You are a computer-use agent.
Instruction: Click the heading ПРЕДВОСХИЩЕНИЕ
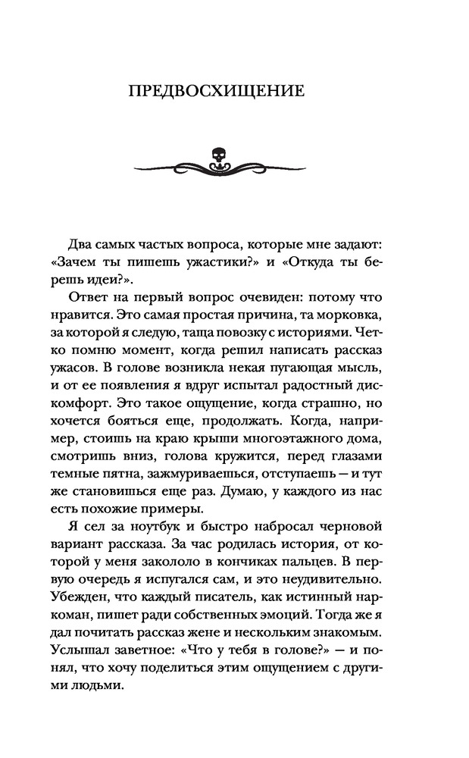217,92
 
